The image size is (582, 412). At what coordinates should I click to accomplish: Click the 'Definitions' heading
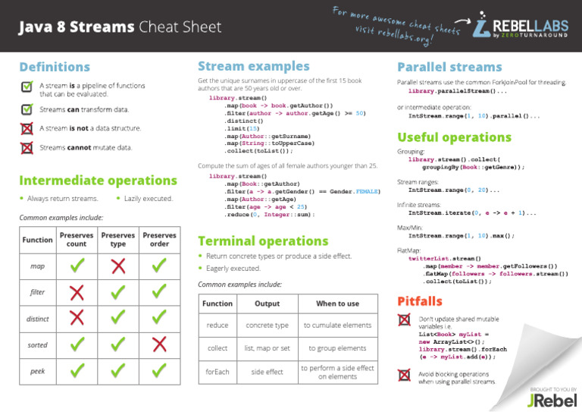[x=55, y=68]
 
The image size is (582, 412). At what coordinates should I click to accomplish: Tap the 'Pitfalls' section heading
[x=421, y=301]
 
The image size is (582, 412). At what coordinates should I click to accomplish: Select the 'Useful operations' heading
[x=455, y=137]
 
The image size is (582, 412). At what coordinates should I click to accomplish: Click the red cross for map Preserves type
[x=117, y=266]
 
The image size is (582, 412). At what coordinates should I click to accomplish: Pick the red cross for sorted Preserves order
[x=159, y=344]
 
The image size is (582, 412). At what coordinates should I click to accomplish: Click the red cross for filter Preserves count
[x=77, y=292]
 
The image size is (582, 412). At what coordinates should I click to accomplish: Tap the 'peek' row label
[x=37, y=371]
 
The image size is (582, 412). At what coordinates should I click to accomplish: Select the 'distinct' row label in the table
[x=37, y=319]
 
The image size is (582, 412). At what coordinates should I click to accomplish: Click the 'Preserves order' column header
[x=159, y=240]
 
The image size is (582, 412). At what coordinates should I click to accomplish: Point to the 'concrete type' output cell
[x=267, y=326]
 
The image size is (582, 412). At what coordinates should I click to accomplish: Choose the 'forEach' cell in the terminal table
[x=217, y=372]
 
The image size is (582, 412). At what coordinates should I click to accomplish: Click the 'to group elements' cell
[x=337, y=348]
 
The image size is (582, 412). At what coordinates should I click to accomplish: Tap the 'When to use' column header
[x=337, y=303]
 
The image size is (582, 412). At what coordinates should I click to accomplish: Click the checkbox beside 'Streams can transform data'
[x=27, y=109]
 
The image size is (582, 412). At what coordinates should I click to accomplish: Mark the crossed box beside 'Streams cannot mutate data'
[x=27, y=147]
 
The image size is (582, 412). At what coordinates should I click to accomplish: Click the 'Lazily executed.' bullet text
[x=149, y=199]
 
